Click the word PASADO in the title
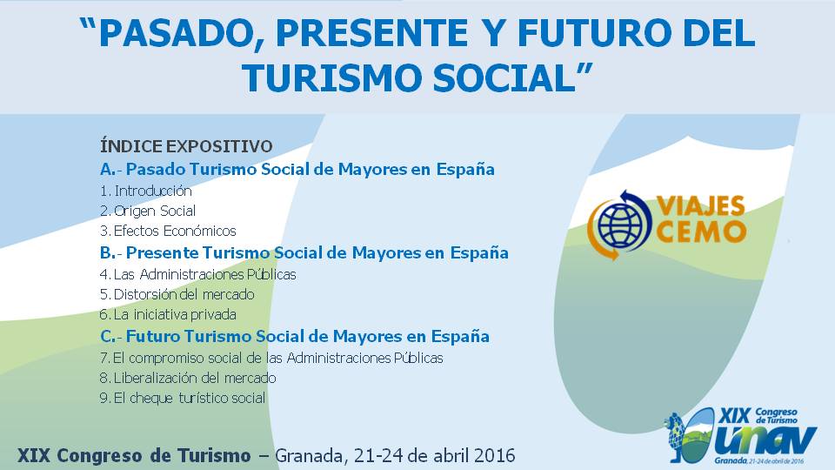tap(177, 34)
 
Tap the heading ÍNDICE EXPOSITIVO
tap(186, 146)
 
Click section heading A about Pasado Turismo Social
tap(297, 169)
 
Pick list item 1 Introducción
tap(146, 191)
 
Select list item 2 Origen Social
tap(148, 211)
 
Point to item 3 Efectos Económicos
tap(168, 231)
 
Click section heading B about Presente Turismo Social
tap(304, 252)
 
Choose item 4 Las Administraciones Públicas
tap(198, 274)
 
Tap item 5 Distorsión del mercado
tap(177, 294)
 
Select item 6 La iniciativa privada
tap(168, 314)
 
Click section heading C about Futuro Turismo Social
tap(295, 336)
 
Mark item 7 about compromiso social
tap(271, 358)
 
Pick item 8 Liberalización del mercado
tap(188, 378)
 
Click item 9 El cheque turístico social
tap(183, 398)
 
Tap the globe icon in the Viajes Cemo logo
tap(621, 224)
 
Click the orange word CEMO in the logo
tap(701, 232)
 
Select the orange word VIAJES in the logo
tap(700, 205)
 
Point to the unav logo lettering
tap(765, 440)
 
